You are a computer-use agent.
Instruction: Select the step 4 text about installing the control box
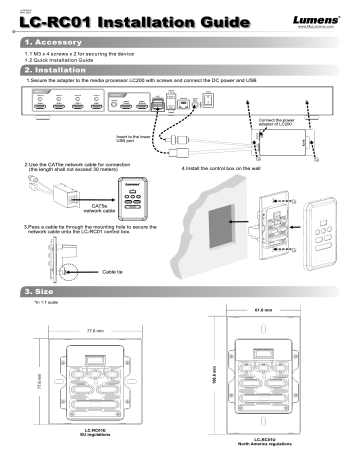pyautogui.click(x=232, y=169)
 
